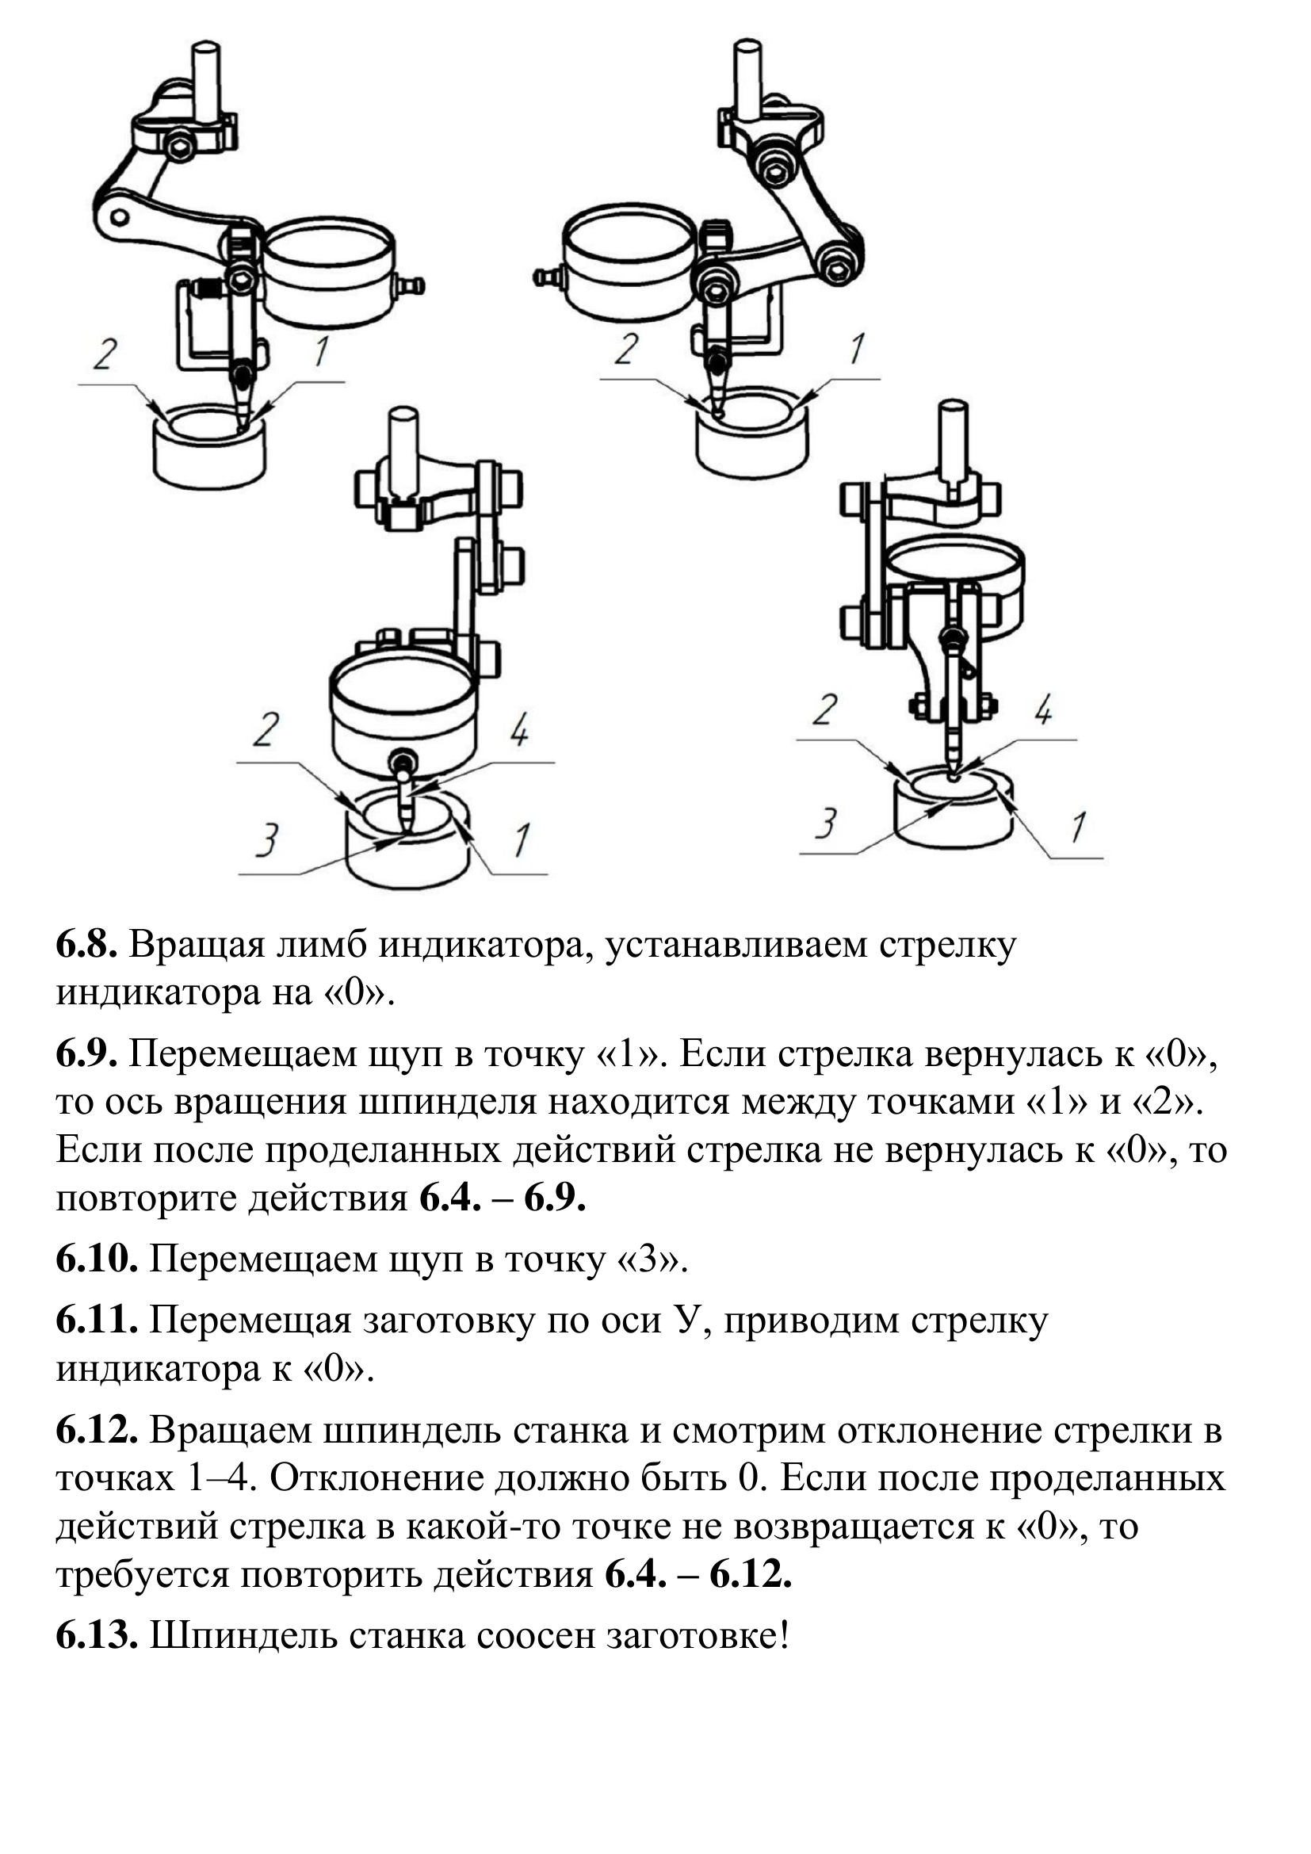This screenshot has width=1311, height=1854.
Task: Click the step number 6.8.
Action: coord(86,945)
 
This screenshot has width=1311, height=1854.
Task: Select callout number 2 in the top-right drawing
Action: coord(626,348)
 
